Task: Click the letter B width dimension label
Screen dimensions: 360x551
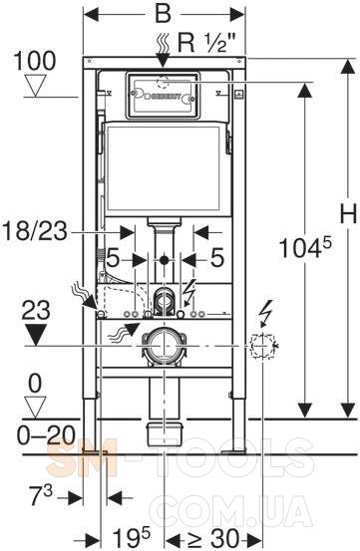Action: click(x=164, y=14)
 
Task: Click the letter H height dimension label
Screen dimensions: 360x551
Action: click(x=348, y=213)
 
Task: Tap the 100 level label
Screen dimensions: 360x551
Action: click(x=35, y=61)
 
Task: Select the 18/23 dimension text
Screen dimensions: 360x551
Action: click(x=35, y=231)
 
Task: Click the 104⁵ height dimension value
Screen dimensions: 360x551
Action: click(x=305, y=247)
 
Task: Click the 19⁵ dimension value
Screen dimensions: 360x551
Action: click(x=131, y=537)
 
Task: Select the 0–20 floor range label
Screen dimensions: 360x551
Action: click(x=46, y=435)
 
